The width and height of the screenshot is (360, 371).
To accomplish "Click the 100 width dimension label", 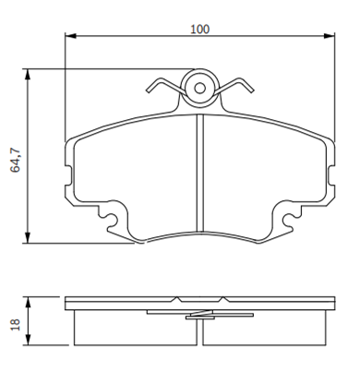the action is click(199, 30).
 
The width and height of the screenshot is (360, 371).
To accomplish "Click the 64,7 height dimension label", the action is click(16, 161).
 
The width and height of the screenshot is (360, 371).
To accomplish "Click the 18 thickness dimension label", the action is click(16, 324).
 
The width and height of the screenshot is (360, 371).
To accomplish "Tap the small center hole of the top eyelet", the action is click(200, 89).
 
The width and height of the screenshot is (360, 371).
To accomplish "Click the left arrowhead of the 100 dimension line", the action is click(71, 36).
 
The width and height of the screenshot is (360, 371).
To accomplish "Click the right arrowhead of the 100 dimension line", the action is click(330, 36).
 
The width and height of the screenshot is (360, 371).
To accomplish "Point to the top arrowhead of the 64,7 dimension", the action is click(28, 75).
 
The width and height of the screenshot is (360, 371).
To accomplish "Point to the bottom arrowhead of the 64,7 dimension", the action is click(28, 237).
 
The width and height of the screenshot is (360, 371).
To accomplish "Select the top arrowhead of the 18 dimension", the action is click(28, 303).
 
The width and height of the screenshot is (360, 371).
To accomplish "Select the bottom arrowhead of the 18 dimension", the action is click(28, 339).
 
